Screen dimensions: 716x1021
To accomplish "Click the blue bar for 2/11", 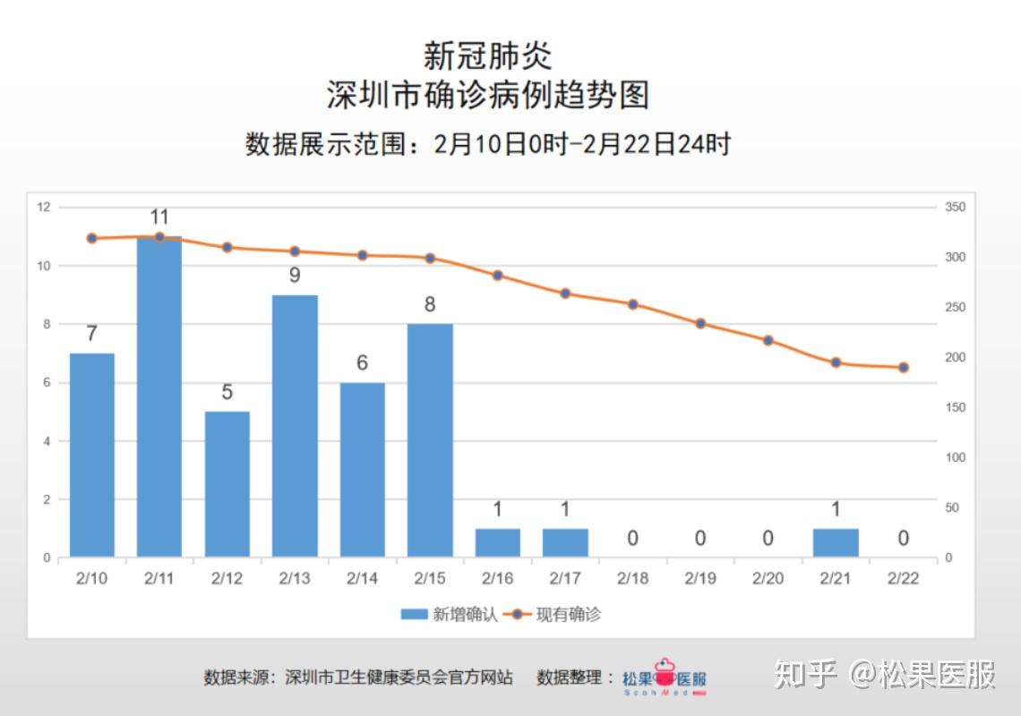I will click(x=159, y=398).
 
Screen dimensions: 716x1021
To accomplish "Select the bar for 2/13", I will click(x=295, y=426).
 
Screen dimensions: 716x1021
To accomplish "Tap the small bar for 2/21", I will click(x=836, y=542).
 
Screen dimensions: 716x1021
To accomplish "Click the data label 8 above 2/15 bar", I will click(x=430, y=304).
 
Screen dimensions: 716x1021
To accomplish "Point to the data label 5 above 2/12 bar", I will click(x=227, y=392).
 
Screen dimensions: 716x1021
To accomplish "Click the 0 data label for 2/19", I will click(x=700, y=538).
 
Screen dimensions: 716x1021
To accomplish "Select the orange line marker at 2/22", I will click(x=903, y=367).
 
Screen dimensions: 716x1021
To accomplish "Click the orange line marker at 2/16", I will click(x=498, y=275).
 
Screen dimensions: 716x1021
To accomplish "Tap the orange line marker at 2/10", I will click(x=91, y=238).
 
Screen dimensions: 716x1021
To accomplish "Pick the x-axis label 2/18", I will click(x=632, y=578).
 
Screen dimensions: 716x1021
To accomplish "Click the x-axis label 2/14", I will click(x=362, y=578).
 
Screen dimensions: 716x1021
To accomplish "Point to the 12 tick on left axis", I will click(x=43, y=207).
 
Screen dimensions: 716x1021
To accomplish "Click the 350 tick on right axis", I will click(x=955, y=207).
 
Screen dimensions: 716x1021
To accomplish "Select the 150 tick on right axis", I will click(x=955, y=407).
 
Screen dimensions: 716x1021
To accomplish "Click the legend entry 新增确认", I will click(x=448, y=614).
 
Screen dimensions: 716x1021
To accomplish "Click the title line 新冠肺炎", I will click(x=487, y=55).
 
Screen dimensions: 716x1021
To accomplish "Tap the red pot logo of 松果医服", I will click(x=665, y=672).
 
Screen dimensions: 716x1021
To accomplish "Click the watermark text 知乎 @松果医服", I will click(x=884, y=673).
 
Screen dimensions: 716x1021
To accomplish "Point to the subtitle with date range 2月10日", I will click(x=487, y=143).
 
